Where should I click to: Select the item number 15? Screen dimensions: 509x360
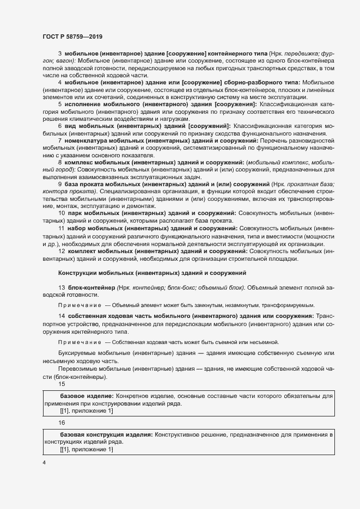point(62,383)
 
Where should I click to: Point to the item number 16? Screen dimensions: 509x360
point(62,422)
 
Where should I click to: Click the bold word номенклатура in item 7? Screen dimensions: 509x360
point(86,140)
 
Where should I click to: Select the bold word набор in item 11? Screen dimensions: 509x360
point(77,229)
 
